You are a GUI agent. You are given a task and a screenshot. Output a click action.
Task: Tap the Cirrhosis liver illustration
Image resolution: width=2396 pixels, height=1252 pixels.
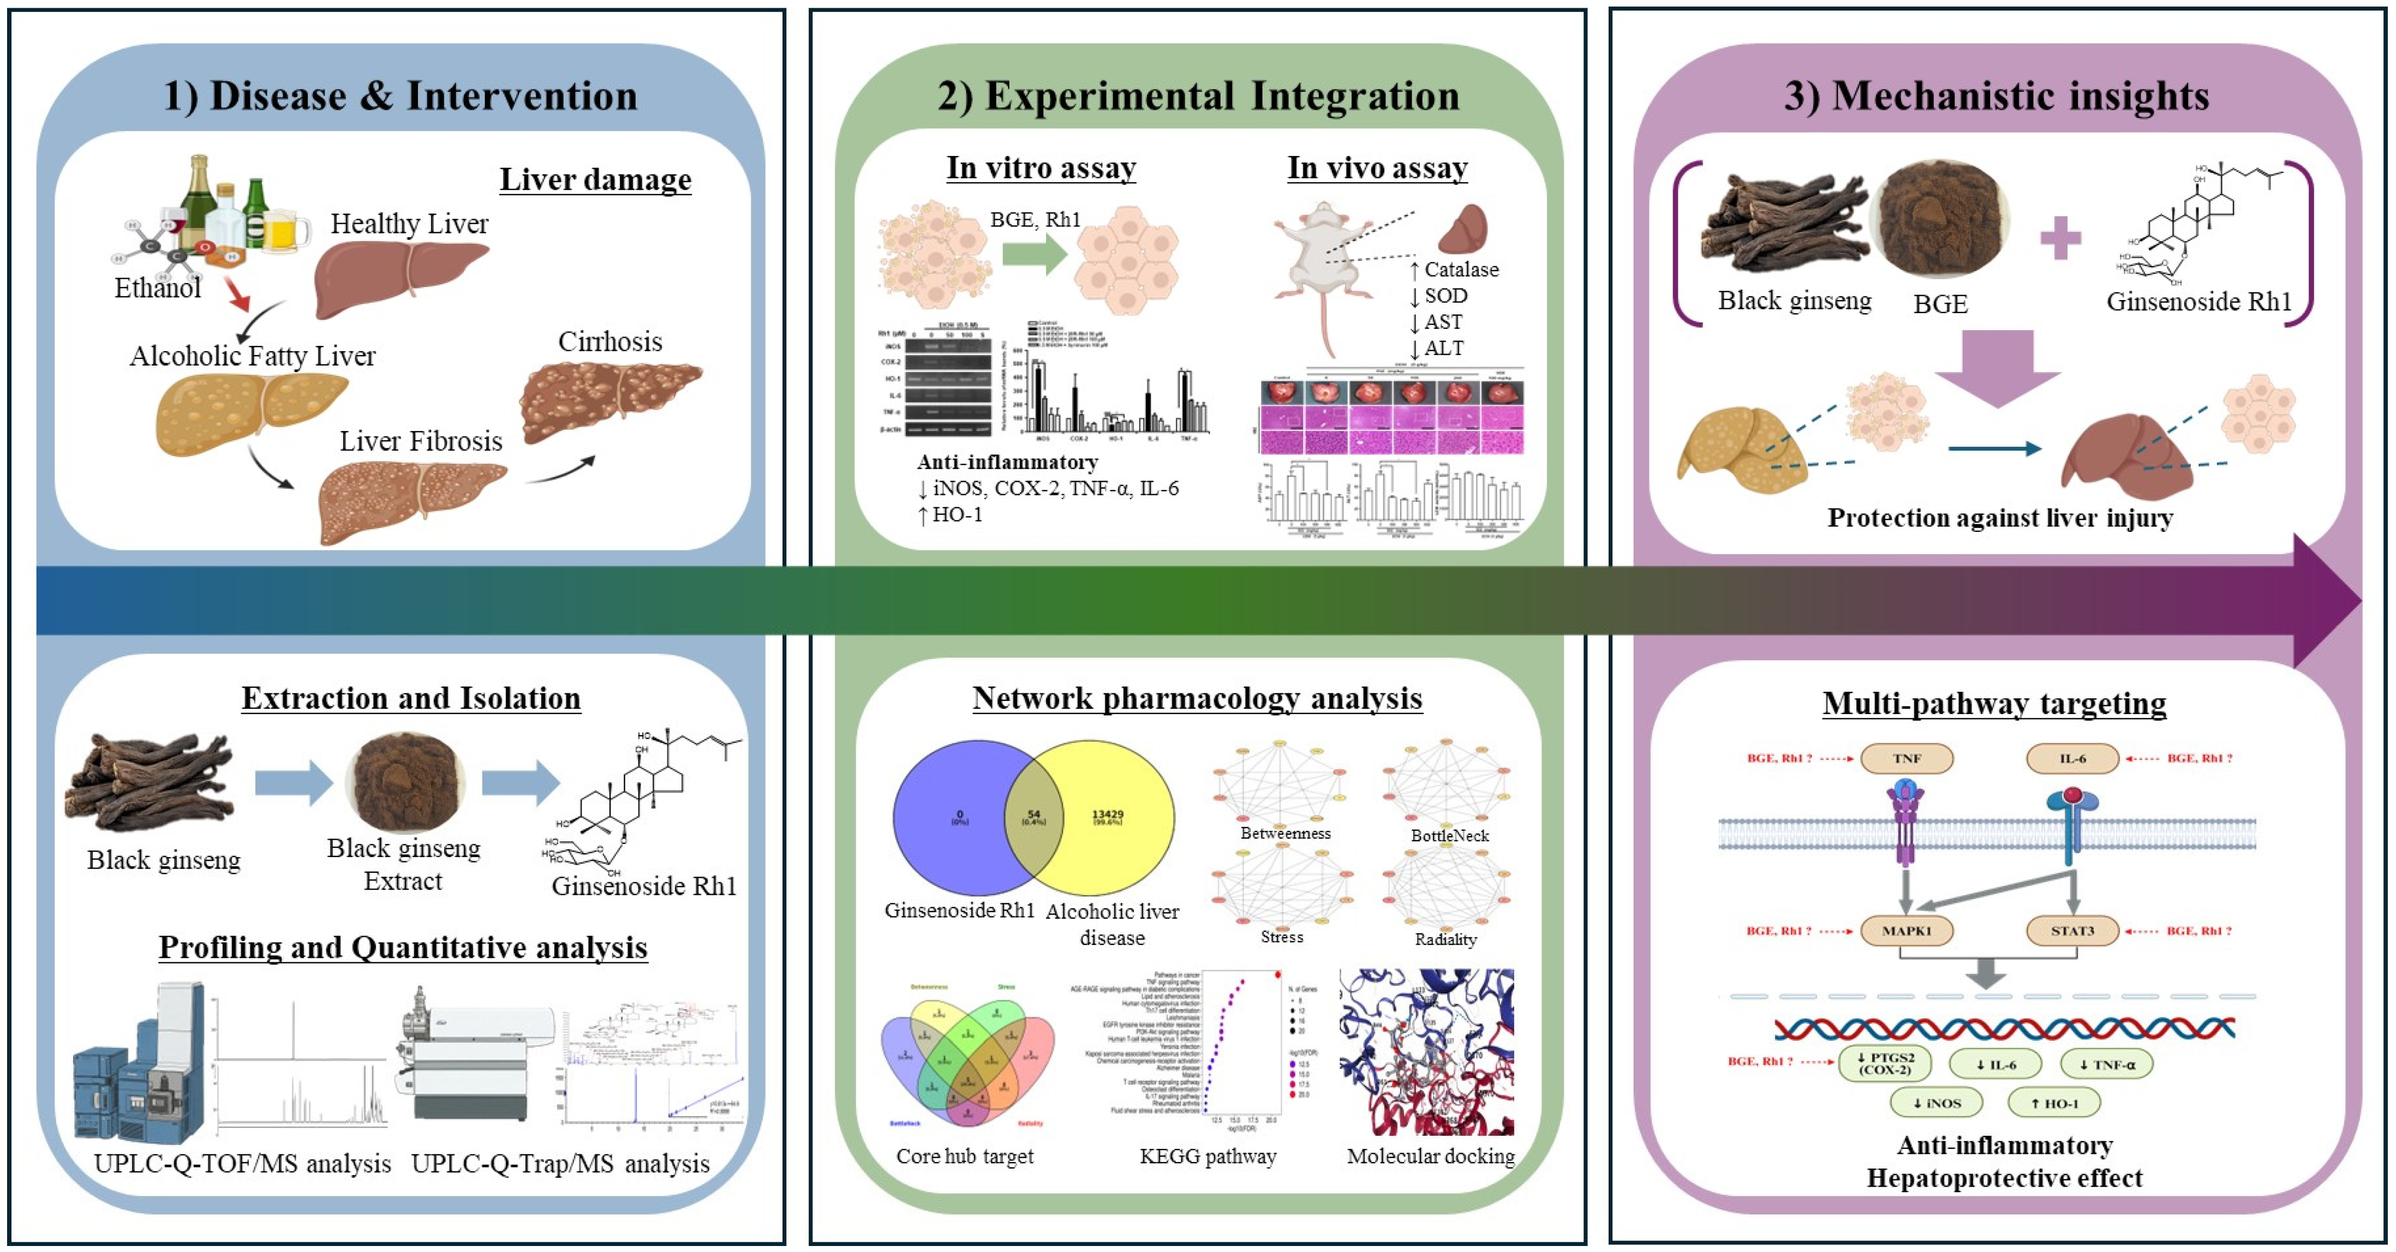(610, 400)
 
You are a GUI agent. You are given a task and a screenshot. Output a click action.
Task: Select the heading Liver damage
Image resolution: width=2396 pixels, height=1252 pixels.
(595, 179)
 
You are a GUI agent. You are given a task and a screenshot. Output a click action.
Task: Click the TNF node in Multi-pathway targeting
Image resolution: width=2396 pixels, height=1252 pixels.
(1906, 758)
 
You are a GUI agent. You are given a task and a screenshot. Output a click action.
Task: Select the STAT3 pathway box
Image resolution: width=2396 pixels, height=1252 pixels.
(2072, 930)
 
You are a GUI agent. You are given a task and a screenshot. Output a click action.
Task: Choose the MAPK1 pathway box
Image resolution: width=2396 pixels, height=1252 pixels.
(1906, 930)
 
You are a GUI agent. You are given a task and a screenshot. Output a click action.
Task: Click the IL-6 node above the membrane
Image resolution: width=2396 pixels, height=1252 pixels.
(2072, 758)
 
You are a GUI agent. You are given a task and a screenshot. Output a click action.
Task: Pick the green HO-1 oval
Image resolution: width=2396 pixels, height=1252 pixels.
(2054, 1103)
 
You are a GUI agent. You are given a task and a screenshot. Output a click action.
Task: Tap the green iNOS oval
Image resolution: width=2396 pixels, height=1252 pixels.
(1937, 1103)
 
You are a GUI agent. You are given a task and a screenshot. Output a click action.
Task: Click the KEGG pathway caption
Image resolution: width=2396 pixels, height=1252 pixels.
(1208, 1155)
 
